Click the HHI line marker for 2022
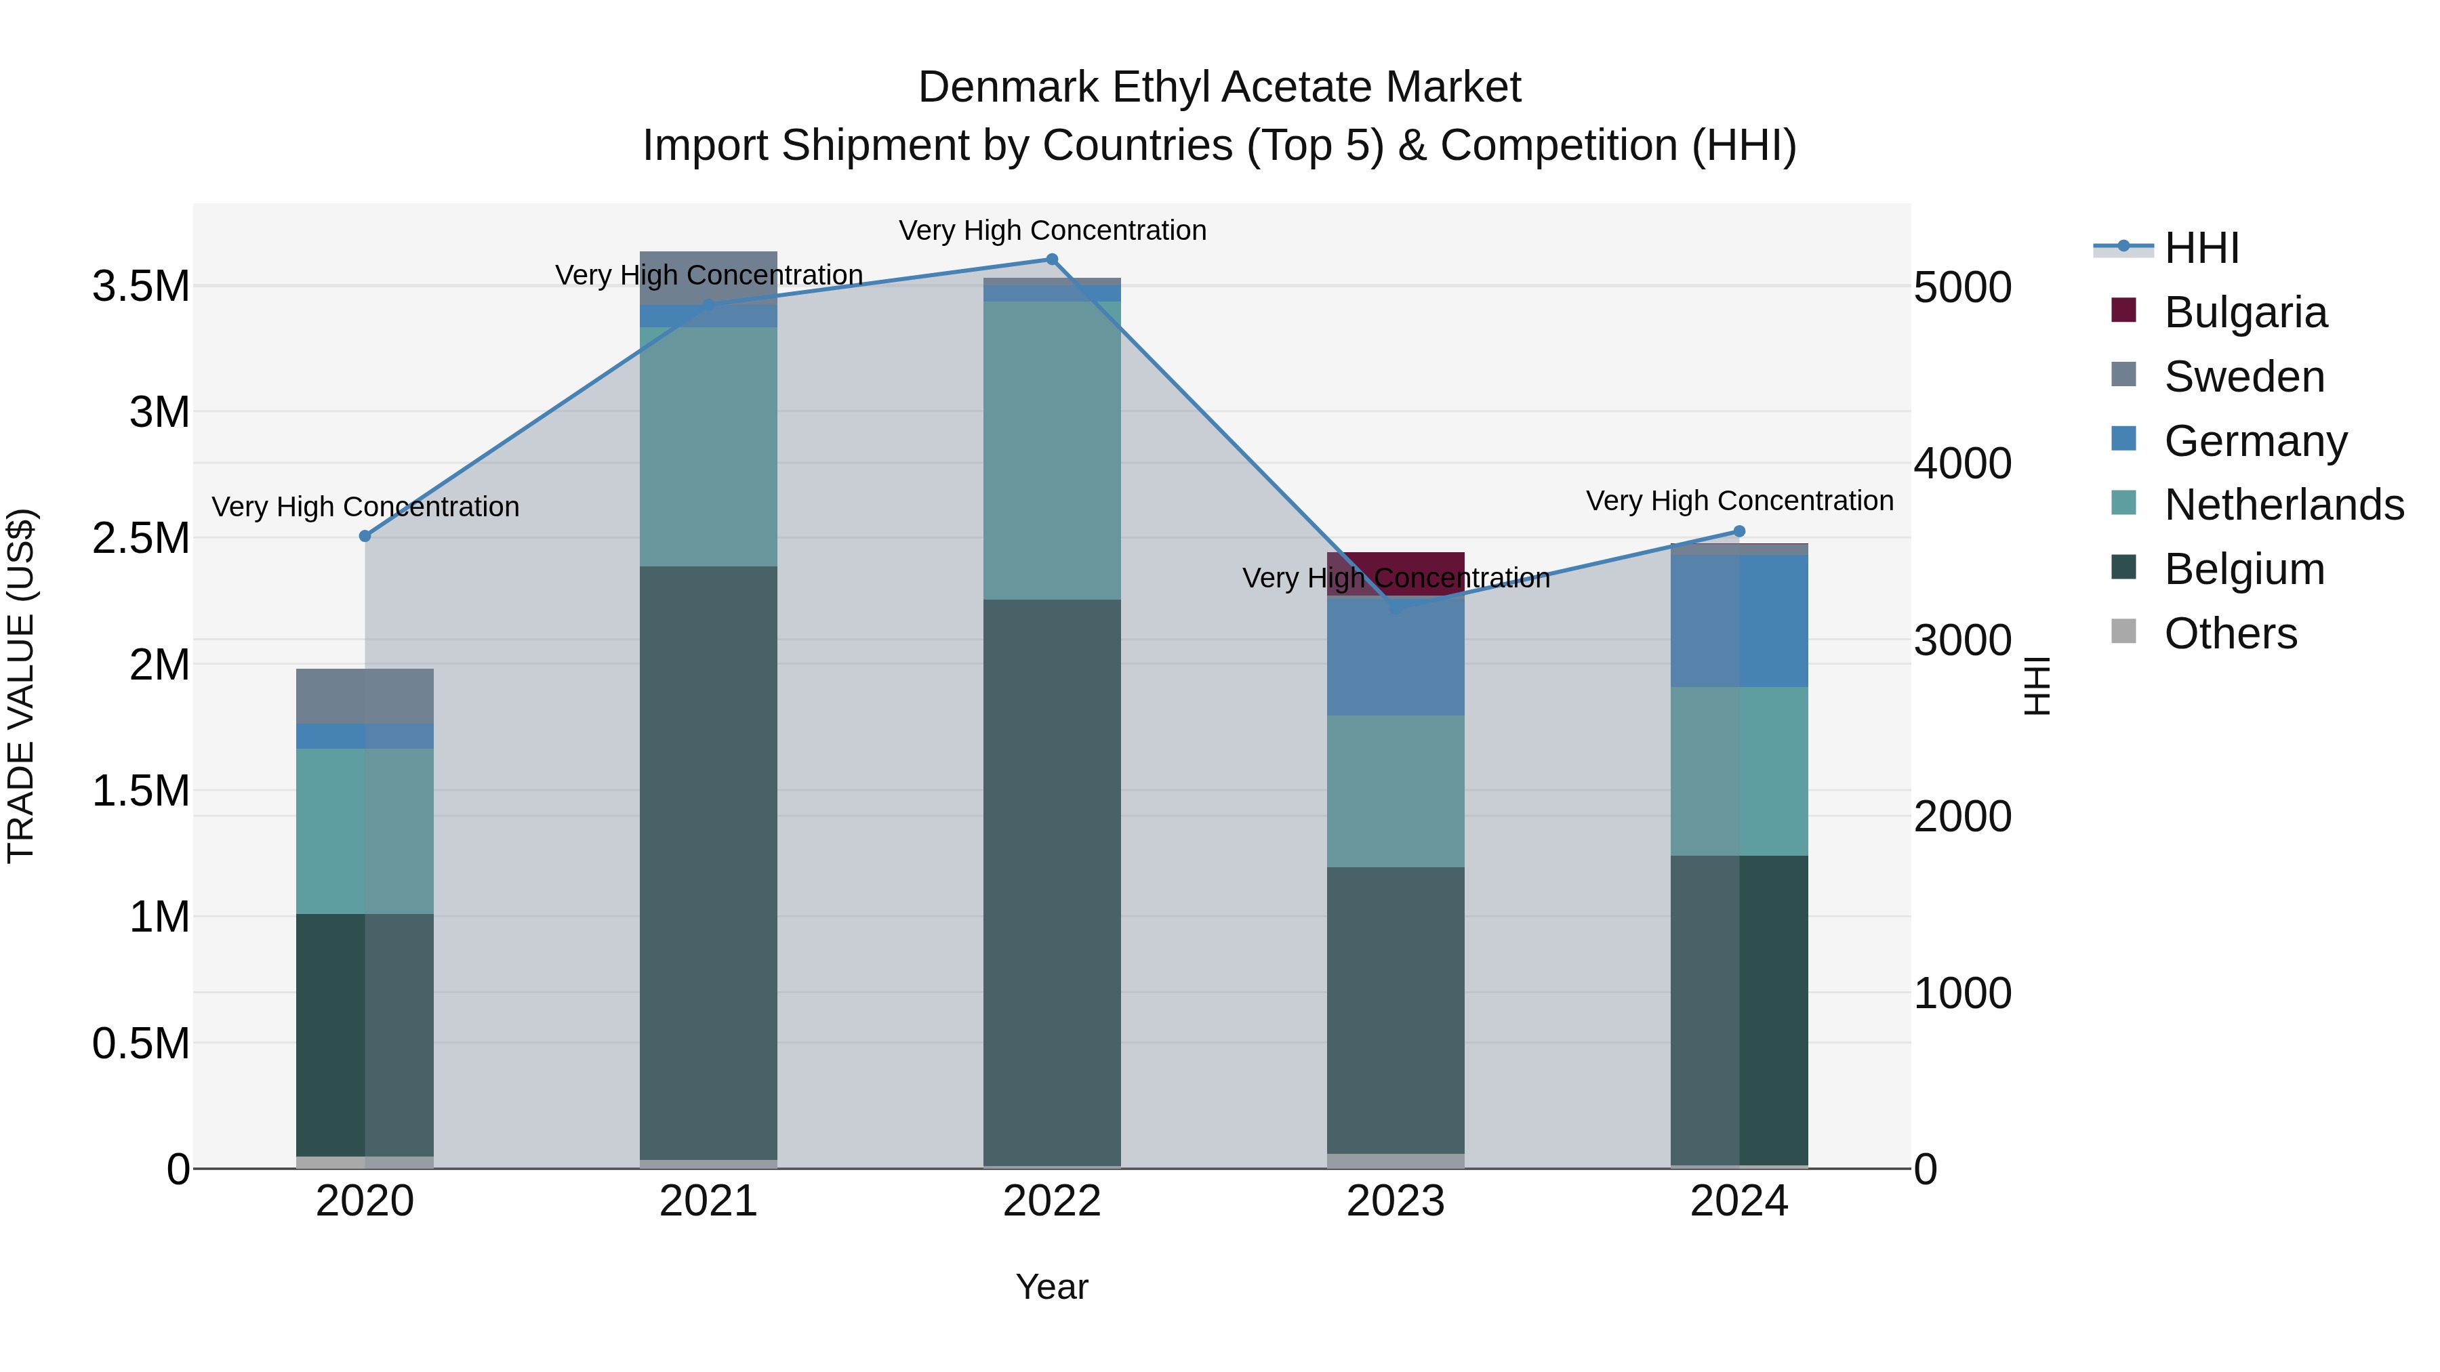[x=1051, y=259]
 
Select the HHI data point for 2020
[x=365, y=536]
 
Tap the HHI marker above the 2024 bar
[x=1739, y=531]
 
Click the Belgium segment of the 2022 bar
[x=1051, y=881]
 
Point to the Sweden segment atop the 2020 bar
[x=365, y=696]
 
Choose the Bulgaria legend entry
[x=2245, y=312]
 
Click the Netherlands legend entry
[x=2283, y=505]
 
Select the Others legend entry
[x=2230, y=633]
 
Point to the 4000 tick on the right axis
[x=1961, y=464]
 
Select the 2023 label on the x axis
[x=1396, y=1201]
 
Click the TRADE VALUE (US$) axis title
[x=21, y=686]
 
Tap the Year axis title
[x=1051, y=1287]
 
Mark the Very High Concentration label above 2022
[x=1051, y=230]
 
